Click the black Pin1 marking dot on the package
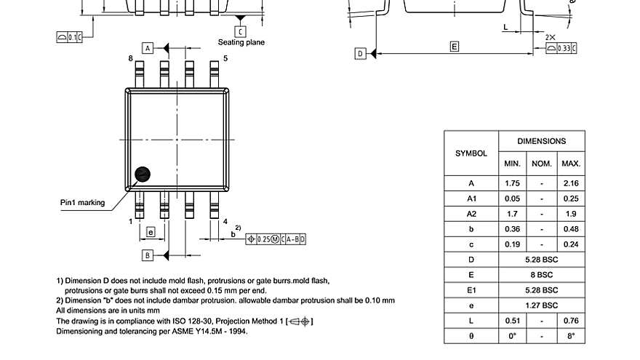coord(143,174)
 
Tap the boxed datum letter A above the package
coord(148,48)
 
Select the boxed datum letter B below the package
coord(147,255)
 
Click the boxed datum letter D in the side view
coord(360,54)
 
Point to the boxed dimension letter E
coord(455,47)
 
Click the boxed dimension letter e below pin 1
coord(151,232)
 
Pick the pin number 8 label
coord(130,58)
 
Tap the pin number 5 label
coord(225,58)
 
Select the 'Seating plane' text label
coord(241,42)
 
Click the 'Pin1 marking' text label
coord(82,202)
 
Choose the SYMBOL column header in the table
coord(471,153)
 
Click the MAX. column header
coord(571,164)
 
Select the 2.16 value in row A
coord(571,183)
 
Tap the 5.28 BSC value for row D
coord(541,260)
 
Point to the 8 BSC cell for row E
coord(541,275)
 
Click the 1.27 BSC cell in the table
coord(541,305)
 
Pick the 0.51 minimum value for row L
coord(512,321)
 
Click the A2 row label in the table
coord(471,214)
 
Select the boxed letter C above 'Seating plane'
coord(240,31)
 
